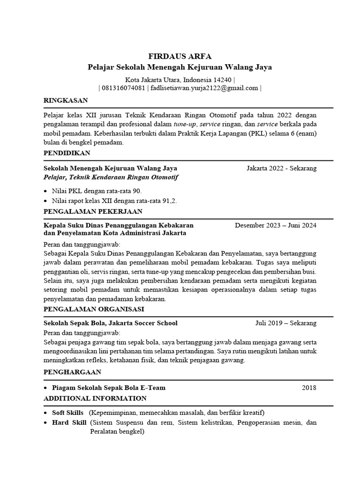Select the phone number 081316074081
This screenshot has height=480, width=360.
pos(123,88)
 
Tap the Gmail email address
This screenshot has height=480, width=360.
pos(204,88)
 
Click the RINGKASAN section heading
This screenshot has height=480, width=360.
pos(65,100)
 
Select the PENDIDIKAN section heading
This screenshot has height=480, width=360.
pos(67,153)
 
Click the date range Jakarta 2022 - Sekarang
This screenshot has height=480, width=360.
pos(281,168)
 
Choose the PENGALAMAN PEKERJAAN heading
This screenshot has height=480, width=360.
pos(92,211)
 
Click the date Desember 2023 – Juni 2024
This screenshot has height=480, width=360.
pos(276,225)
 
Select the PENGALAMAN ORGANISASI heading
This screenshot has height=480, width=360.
pos(94,309)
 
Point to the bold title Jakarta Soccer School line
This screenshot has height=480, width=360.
pos(111,323)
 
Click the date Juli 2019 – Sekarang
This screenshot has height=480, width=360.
pos(285,323)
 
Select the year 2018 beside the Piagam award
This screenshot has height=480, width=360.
pos(309,388)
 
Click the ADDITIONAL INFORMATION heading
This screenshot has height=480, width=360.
pos(95,398)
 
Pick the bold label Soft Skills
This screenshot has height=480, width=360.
pos(67,412)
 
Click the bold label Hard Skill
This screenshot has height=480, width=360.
pos(69,422)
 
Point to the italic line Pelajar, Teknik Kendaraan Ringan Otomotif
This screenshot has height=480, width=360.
pos(111,177)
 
